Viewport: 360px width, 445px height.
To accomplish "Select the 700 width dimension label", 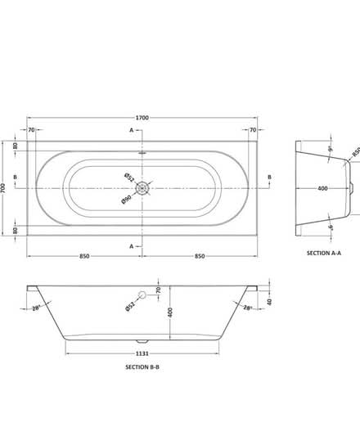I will click(7, 187).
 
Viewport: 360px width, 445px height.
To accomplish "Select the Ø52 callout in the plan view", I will click(128, 177).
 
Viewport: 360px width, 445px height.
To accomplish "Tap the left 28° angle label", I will click(37, 308).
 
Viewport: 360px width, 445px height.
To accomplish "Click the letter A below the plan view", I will click(131, 245).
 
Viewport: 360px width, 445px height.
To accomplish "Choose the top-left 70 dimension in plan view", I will click(31, 130).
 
